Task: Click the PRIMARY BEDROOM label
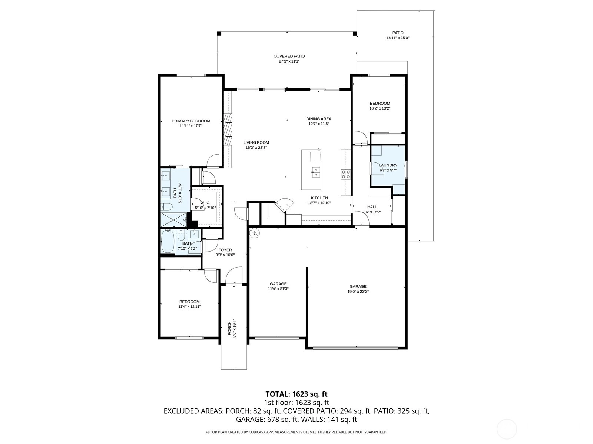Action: tap(191, 121)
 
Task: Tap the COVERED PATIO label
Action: tap(289, 56)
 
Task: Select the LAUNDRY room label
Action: tap(388, 165)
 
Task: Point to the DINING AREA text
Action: tap(319, 119)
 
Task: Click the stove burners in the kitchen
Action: tap(345, 174)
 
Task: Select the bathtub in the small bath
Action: tap(168, 242)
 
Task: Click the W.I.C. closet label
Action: tap(205, 203)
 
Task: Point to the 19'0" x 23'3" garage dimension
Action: tap(358, 292)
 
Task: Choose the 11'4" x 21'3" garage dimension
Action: tap(278, 289)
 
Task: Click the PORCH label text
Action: tap(229, 328)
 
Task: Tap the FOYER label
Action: tap(225, 250)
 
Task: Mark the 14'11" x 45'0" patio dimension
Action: tap(398, 38)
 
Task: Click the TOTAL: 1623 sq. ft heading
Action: tap(296, 394)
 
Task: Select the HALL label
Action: tap(372, 207)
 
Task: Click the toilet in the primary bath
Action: tap(167, 207)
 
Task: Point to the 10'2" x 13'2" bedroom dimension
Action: tap(380, 109)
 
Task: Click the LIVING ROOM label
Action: tap(256, 143)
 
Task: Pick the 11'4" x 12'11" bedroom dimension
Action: tap(189, 307)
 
